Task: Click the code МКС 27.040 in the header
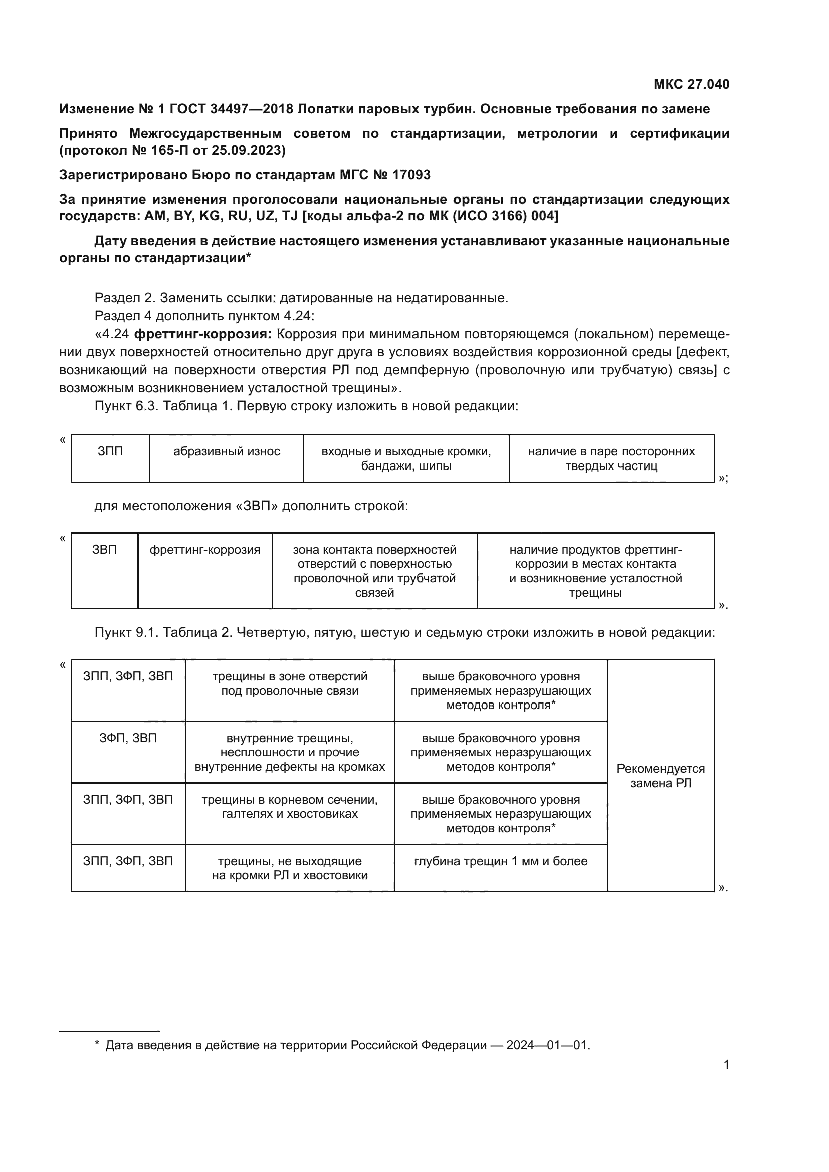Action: coord(691,84)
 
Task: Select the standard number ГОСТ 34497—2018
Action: coord(231,109)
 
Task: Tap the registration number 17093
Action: coord(411,175)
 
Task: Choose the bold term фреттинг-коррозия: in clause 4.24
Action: coord(202,334)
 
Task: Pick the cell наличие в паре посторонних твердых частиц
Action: coord(611,458)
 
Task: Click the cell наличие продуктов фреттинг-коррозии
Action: coord(595,571)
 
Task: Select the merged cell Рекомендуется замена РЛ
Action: coord(660,775)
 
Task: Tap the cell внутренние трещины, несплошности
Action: coord(289,752)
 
